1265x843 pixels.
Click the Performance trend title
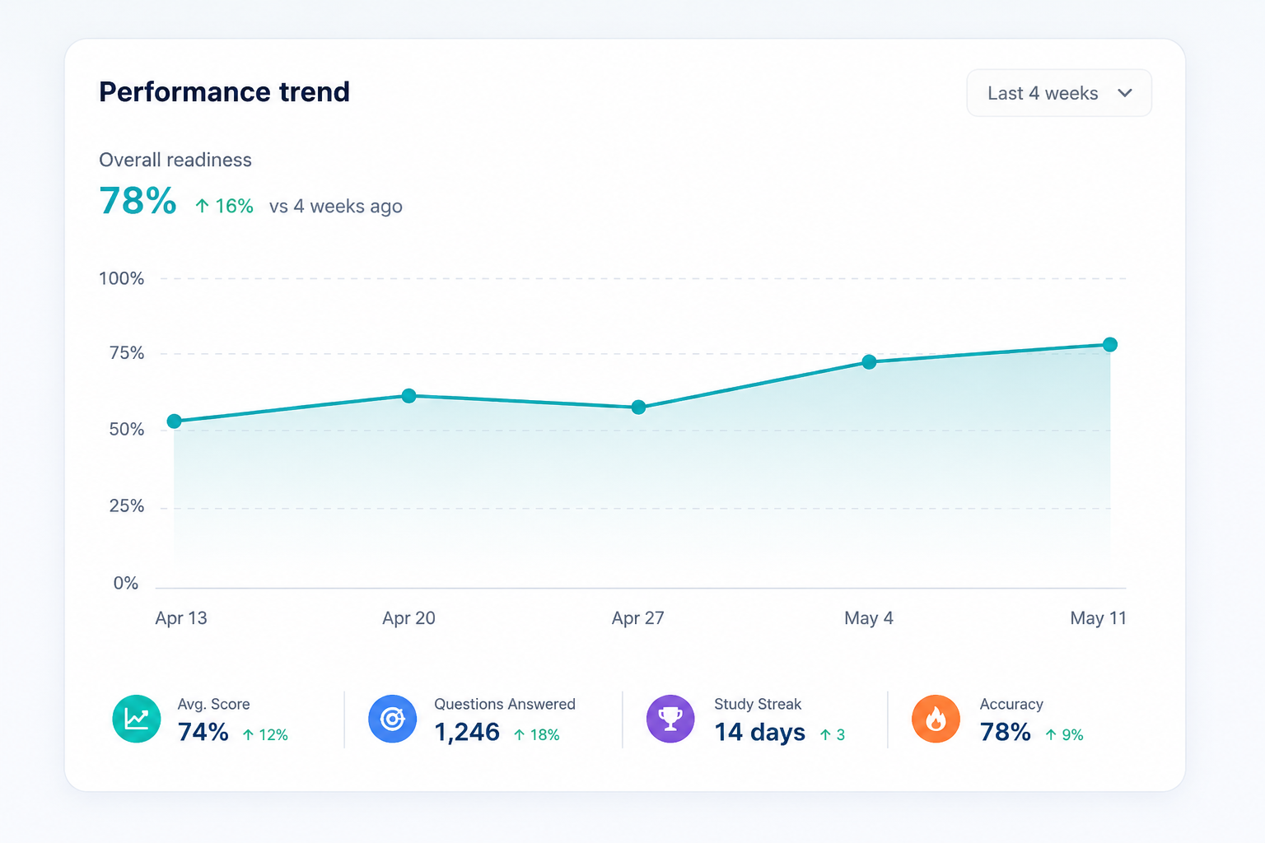coord(224,91)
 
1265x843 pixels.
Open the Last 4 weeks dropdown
coord(1059,93)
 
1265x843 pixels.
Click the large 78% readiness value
coord(138,200)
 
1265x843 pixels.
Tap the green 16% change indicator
coord(224,206)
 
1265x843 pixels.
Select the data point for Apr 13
coord(175,421)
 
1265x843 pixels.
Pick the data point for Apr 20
coord(408,396)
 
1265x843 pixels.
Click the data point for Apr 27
coord(638,408)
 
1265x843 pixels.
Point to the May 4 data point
coord(869,362)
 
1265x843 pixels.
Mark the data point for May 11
coord(1109,344)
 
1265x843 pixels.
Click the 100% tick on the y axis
coord(121,278)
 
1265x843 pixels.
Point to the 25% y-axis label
coord(127,506)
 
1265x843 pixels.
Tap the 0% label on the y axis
coord(125,583)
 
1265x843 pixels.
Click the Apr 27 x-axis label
coord(637,618)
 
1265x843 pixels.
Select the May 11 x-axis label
coord(1098,618)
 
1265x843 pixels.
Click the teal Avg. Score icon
coord(136,719)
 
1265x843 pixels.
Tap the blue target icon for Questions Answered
coord(393,719)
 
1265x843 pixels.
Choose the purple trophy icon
coord(670,719)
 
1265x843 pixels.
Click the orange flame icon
coord(936,719)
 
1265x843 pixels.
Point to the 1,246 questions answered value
coord(467,733)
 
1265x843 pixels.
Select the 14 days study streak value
coord(759,733)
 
